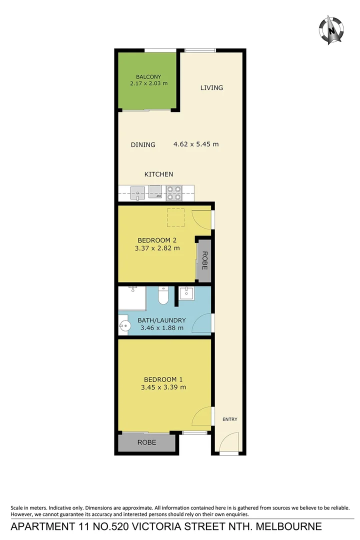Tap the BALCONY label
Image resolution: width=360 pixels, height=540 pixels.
[x=148, y=76]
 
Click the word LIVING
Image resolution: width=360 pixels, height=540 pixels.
[x=211, y=88]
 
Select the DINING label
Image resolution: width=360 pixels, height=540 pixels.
[x=143, y=144]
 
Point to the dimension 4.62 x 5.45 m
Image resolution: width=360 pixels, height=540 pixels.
[x=196, y=144]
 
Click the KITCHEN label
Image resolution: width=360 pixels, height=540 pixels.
[x=158, y=174]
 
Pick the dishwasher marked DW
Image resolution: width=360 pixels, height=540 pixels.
[x=155, y=193]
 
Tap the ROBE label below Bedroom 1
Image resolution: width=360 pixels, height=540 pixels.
[x=146, y=442]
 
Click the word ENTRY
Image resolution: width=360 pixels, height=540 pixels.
[x=230, y=419]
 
